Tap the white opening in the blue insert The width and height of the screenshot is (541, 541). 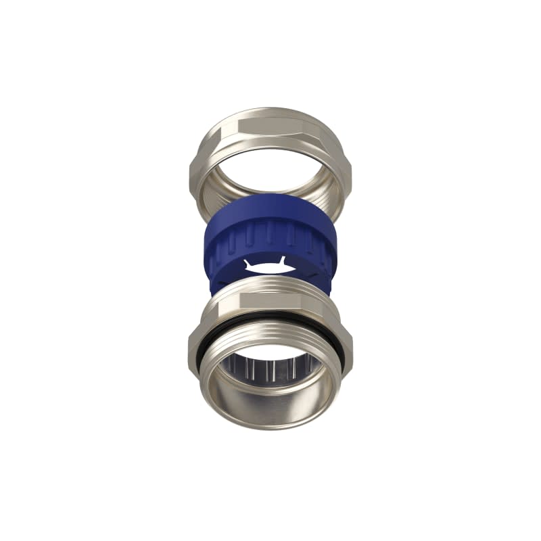point(270,267)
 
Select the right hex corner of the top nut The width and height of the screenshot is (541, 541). point(350,169)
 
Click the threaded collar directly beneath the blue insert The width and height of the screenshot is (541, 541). point(270,291)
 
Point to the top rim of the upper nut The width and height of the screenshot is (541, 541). point(270,112)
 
